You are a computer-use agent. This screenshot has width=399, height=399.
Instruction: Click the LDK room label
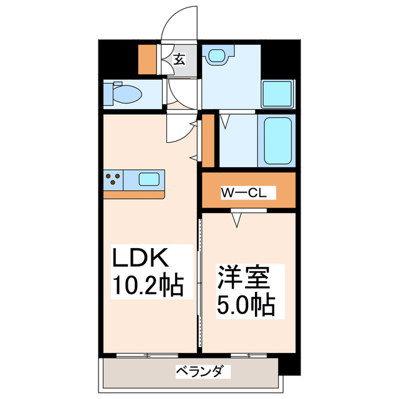[x=140, y=258]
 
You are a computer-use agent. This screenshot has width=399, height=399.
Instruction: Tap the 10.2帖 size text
[x=147, y=286]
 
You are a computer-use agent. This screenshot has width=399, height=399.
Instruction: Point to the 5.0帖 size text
[x=247, y=305]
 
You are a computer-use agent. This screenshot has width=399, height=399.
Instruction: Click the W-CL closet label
[x=244, y=193]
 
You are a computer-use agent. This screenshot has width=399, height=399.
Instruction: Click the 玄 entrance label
[x=180, y=60]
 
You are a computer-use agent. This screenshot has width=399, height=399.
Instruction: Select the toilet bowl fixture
[x=125, y=94]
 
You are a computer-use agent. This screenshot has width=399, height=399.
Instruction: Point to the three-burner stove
[x=113, y=180]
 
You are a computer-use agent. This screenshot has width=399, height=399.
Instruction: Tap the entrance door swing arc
[x=181, y=25]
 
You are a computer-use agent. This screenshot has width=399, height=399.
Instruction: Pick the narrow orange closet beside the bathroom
[x=208, y=141]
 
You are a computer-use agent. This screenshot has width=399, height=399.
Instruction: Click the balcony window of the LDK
[x=147, y=355]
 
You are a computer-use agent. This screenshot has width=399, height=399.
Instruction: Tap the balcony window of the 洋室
[x=248, y=355]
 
